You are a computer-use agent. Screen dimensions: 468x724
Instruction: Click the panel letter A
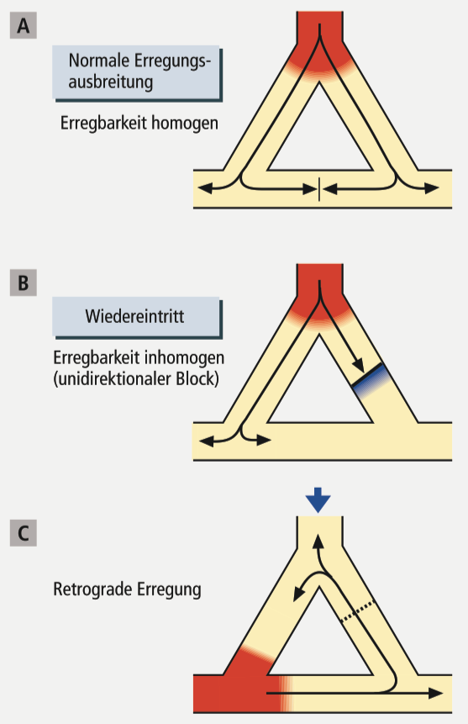[23, 26]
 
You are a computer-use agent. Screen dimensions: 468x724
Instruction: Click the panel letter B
[23, 283]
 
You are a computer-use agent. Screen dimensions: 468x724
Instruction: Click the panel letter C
[23, 533]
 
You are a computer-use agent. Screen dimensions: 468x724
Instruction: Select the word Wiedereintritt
[134, 316]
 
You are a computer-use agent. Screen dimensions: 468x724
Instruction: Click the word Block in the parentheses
[195, 379]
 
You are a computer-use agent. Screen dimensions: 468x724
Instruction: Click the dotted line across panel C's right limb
[357, 611]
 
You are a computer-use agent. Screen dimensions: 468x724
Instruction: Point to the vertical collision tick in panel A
[319, 188]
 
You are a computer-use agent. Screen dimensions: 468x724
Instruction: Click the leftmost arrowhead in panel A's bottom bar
[205, 188]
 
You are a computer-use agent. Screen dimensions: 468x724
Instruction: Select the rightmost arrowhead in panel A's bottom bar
[432, 188]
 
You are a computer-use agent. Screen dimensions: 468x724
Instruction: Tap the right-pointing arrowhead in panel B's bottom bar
[264, 441]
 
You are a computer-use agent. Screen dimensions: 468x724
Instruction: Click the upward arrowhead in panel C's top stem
[317, 542]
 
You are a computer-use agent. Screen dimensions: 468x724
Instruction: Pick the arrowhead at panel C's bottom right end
[436, 693]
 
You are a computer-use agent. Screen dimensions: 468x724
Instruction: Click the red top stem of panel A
[320, 28]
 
